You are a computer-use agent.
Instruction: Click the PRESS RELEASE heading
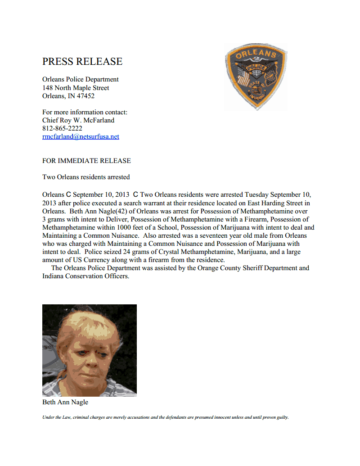82,62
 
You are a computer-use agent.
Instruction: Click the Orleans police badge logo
256,77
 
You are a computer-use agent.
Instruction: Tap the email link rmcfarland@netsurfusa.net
81,136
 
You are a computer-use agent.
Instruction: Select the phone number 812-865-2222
62,128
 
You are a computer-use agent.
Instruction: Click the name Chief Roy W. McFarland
78,120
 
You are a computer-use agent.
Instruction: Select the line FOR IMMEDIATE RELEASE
86,161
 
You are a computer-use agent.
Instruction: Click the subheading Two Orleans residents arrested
86,177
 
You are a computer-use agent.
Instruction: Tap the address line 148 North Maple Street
76,88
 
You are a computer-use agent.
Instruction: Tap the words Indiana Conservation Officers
85,276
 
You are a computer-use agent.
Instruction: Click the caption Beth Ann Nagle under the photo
65,402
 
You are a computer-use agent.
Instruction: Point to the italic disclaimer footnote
165,417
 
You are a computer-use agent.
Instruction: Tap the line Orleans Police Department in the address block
81,80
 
